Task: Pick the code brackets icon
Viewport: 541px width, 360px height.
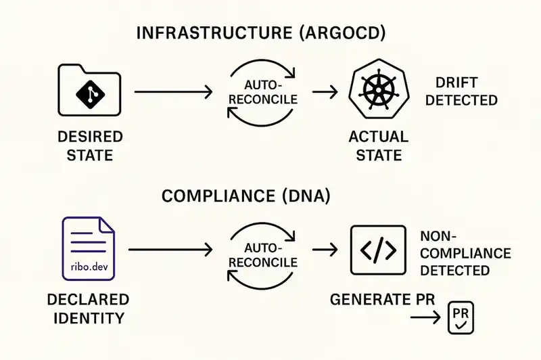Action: point(378,251)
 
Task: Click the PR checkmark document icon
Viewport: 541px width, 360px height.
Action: point(461,318)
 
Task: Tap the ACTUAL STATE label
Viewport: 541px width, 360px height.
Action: point(378,146)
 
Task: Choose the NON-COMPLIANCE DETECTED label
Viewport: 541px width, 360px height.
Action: point(465,253)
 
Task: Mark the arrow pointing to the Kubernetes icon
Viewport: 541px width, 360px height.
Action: point(325,91)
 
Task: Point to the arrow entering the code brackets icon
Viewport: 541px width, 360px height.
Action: point(325,251)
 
